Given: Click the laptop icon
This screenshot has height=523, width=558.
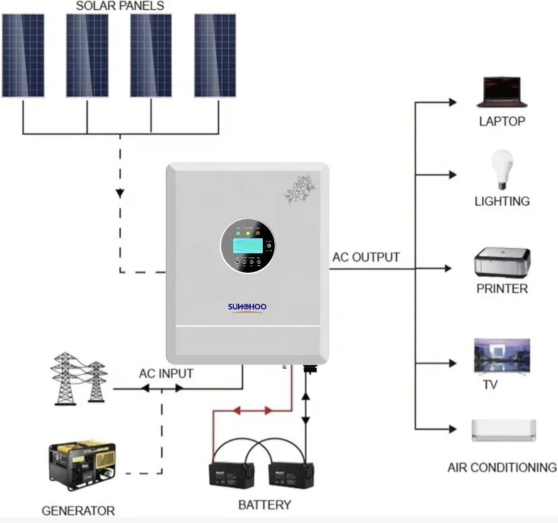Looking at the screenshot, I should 501,92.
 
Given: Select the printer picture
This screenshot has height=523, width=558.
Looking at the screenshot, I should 502,263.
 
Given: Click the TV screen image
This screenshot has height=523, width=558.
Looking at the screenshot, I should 501,357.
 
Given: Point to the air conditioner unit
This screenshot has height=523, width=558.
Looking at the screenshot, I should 503,431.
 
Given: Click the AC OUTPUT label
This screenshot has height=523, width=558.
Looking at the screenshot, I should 366,257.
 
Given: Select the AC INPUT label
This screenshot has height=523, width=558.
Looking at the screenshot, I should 166,373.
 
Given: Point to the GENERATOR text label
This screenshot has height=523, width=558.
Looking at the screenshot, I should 78,511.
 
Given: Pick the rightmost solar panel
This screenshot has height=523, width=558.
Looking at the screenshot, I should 215,55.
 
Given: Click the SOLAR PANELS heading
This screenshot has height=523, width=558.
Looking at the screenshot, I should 119,6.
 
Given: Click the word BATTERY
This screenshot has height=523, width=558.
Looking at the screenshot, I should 264,505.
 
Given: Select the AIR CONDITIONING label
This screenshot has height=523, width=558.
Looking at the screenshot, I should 501,467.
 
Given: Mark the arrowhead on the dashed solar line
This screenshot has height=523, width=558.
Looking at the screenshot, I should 120,193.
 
